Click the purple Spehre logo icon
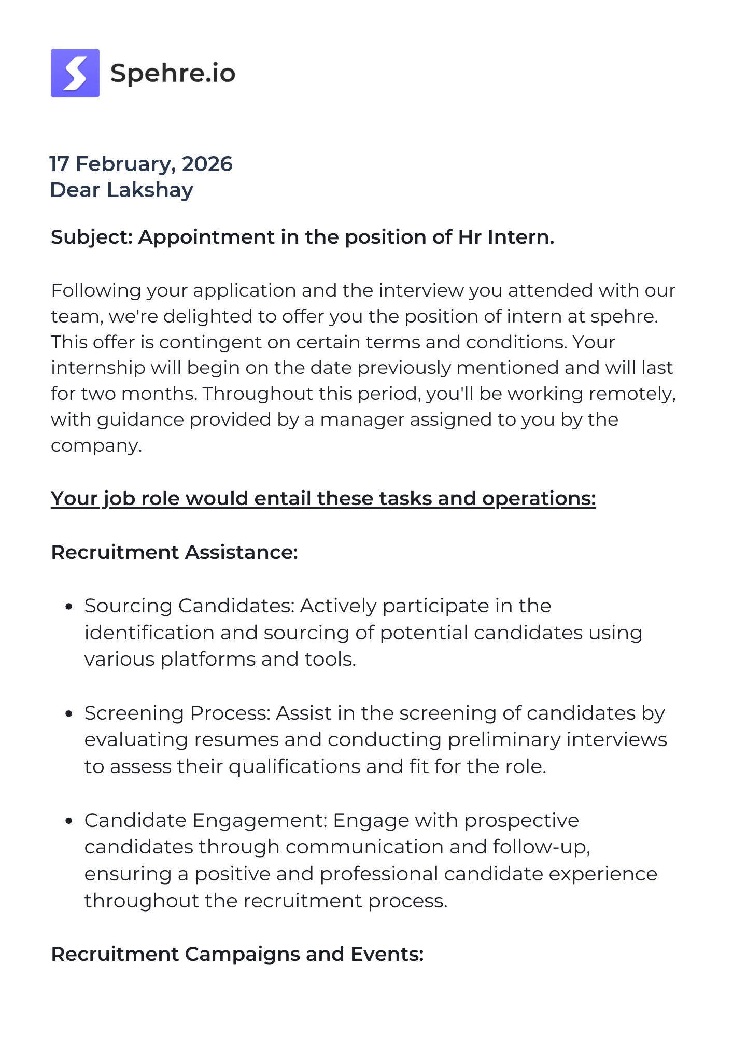point(75,73)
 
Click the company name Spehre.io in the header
point(173,73)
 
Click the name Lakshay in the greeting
point(150,190)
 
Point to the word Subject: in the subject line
point(92,237)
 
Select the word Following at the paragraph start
point(96,290)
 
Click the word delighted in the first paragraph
point(207,316)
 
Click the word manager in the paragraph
point(362,419)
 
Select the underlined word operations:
point(539,498)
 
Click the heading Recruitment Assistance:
point(174,552)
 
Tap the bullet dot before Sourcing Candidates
point(68,607)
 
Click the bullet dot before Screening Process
point(68,714)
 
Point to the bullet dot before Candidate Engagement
point(68,821)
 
